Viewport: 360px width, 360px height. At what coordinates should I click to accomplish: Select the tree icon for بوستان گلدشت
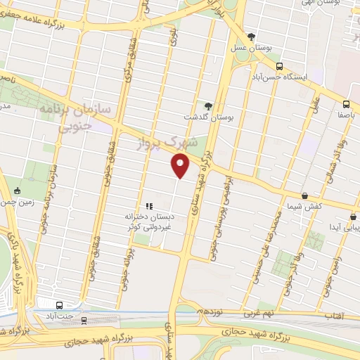pos(208,105)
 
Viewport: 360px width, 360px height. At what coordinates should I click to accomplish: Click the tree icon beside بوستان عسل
pos(251,37)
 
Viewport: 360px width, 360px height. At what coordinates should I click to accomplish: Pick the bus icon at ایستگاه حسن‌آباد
pos(280,67)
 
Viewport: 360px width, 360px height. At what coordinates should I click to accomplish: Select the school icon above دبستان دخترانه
pos(148,205)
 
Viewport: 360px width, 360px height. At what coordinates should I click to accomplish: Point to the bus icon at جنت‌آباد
pos(59,305)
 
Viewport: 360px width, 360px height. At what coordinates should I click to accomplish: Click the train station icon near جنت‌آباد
pos(84,321)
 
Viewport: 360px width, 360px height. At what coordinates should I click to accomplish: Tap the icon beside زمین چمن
pos(18,191)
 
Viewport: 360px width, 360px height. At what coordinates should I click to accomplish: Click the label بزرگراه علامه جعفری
pos(37,20)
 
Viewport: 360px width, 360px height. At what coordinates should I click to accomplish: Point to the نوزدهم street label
pos(210,310)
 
